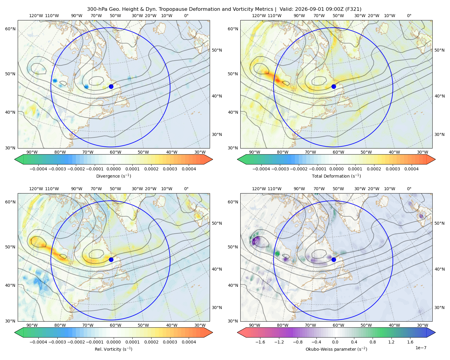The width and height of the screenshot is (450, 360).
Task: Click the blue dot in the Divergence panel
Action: (111, 86)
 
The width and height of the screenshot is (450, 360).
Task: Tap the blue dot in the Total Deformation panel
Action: (334, 86)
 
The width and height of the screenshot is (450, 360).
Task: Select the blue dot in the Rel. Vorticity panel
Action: (111, 259)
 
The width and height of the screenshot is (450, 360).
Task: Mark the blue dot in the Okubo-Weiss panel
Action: (334, 259)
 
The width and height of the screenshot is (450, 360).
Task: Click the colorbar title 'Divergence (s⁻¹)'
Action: (113, 176)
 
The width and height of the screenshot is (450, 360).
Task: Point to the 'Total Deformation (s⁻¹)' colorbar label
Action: (336, 176)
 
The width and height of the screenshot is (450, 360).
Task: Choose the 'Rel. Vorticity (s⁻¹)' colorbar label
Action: (113, 349)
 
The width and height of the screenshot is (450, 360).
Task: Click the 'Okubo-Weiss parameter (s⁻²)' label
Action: (336, 349)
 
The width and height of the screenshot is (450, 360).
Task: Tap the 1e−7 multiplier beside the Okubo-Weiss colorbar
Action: (421, 348)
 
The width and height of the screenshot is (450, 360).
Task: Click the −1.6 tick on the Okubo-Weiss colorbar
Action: (260, 342)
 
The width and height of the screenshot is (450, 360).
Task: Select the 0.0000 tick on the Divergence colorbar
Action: (113, 169)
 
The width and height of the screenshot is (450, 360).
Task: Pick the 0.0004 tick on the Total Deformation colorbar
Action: (411, 169)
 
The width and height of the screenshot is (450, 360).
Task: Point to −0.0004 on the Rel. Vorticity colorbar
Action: (38, 342)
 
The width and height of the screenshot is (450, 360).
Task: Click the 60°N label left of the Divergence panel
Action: (10, 29)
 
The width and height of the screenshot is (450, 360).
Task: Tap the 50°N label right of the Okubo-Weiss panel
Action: (439, 223)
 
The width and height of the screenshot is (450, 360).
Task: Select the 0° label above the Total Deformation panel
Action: (409, 16)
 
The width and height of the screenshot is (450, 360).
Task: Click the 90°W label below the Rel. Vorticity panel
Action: (32, 325)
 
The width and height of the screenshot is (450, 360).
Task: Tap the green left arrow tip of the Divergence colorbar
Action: (15, 159)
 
